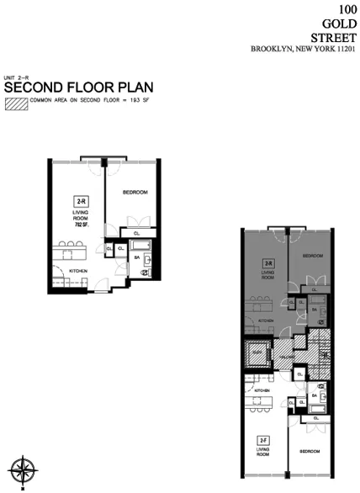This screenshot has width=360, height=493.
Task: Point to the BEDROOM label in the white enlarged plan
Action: click(x=135, y=193)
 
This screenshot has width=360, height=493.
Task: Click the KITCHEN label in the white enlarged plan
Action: click(x=79, y=272)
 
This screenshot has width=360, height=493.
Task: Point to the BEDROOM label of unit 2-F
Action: click(x=310, y=451)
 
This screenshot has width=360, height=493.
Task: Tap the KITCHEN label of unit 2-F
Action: click(x=262, y=390)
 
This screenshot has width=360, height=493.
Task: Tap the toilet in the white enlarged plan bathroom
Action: click(x=145, y=273)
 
